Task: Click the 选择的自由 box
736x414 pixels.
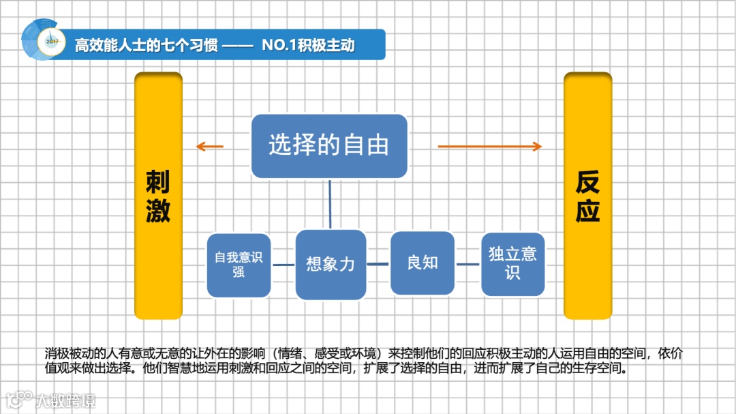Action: (329, 146)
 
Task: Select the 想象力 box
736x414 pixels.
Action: (331, 265)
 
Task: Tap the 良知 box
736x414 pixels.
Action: (423, 263)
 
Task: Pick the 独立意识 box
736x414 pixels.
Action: (512, 264)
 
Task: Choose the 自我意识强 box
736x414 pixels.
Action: (239, 265)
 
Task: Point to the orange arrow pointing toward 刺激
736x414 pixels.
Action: (209, 146)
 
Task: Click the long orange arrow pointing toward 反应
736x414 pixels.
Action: (489, 146)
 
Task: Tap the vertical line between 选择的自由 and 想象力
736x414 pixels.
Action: (331, 204)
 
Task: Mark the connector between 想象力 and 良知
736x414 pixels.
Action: (378, 264)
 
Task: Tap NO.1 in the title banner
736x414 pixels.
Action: (277, 46)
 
